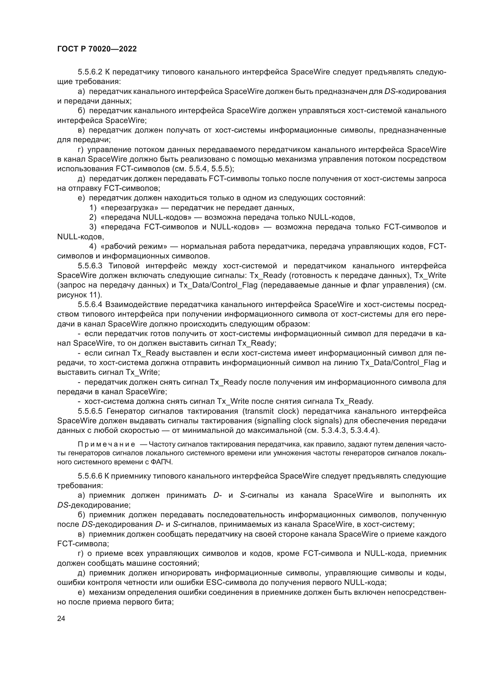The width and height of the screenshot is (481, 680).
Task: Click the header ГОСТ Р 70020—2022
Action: coord(97,49)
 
